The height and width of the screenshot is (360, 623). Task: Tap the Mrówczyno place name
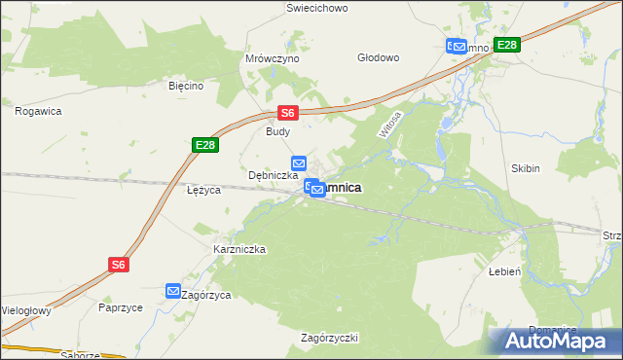tap(273, 58)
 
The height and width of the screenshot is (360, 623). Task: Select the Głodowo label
tap(379, 57)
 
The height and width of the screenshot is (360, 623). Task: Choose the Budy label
tap(278, 130)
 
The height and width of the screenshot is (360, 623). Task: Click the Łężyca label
tap(204, 190)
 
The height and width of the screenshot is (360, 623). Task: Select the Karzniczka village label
tap(239, 249)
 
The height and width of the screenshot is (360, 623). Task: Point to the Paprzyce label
tap(121, 306)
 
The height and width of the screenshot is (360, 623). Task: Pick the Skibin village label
tap(525, 168)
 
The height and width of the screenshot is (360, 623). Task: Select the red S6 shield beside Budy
tap(288, 113)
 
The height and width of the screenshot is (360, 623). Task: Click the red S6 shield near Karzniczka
tap(118, 264)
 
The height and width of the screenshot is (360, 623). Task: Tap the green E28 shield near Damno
tap(506, 45)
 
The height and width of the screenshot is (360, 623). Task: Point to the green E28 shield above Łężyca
tap(204, 145)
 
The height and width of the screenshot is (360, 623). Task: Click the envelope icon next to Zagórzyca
tap(172, 291)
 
